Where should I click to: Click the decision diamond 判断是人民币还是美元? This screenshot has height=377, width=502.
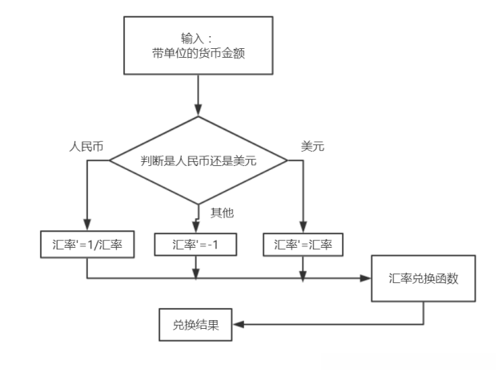(x=197, y=160)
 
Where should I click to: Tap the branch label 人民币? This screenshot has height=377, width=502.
(x=86, y=148)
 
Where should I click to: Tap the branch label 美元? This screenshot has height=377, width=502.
(x=311, y=148)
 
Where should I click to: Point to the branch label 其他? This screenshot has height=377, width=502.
(x=222, y=213)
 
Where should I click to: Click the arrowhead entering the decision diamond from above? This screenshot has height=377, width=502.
(x=197, y=110)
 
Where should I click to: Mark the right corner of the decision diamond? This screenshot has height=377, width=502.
(x=286, y=160)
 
